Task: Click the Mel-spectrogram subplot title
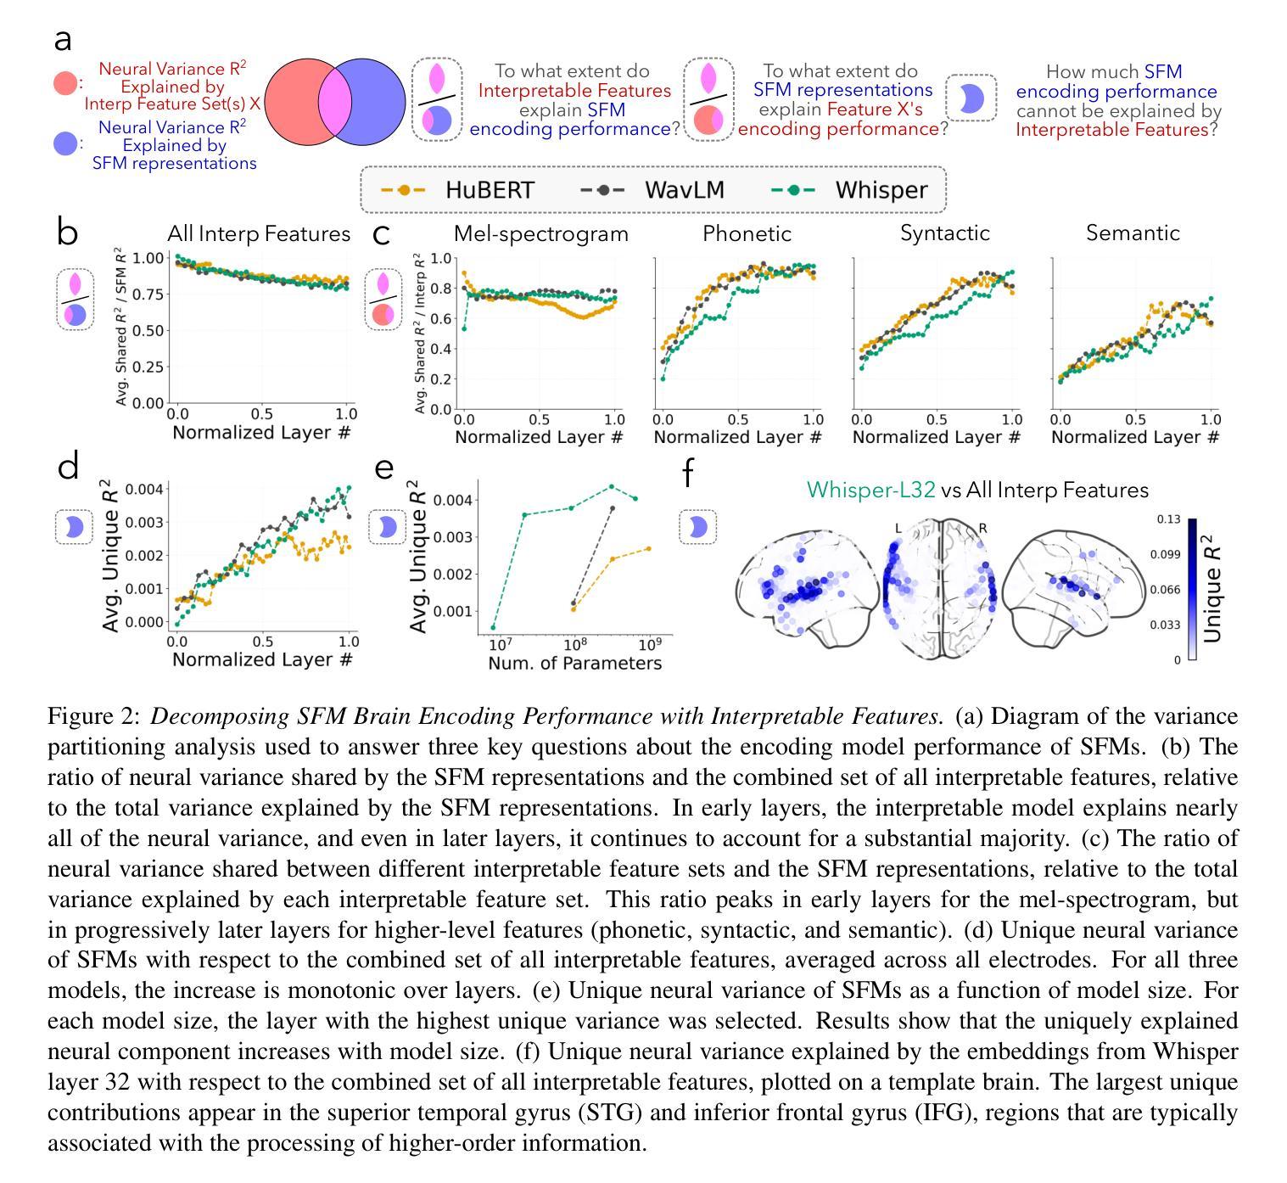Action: click(541, 234)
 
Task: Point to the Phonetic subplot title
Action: click(747, 234)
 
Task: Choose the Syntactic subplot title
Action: click(945, 234)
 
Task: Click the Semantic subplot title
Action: click(1133, 234)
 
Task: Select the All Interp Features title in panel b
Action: click(259, 234)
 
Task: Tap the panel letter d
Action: click(69, 467)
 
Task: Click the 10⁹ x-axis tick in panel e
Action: click(649, 644)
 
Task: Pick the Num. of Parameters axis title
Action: click(574, 664)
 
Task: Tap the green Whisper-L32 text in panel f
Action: click(870, 491)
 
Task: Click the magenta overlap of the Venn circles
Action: click(334, 102)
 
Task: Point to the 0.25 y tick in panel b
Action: click(148, 367)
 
